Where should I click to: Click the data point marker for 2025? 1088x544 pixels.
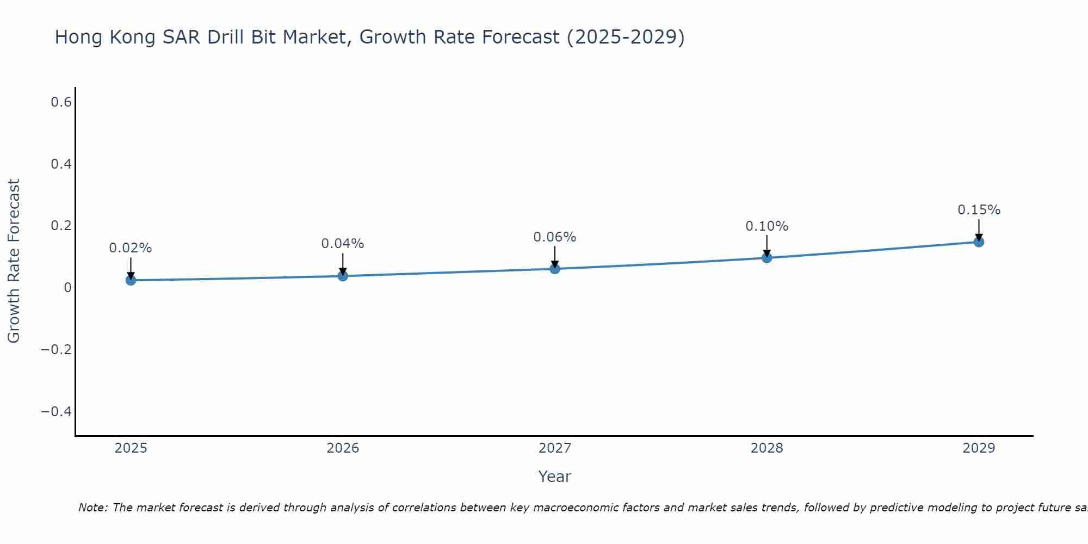point(131,280)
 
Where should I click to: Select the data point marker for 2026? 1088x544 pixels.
point(343,276)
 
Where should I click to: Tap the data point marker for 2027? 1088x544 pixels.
point(555,269)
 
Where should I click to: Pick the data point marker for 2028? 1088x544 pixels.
point(766,258)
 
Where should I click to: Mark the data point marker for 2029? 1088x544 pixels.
point(979,242)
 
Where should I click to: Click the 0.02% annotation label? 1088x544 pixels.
point(131,248)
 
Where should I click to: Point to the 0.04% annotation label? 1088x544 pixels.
point(343,244)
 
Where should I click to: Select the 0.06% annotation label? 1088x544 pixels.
point(555,237)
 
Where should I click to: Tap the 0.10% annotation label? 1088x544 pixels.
point(766,226)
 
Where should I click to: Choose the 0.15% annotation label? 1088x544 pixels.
point(979,210)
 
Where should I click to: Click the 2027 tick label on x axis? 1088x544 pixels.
point(555,448)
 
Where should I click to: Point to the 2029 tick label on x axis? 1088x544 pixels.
point(979,448)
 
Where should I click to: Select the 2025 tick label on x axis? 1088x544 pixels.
point(131,448)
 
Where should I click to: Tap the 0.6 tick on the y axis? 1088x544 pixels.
point(61,102)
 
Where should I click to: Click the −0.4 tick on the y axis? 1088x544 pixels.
point(57,411)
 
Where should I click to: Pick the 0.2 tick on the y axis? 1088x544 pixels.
point(61,226)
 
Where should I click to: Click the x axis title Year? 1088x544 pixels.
point(555,477)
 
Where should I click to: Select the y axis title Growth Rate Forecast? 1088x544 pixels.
point(14,261)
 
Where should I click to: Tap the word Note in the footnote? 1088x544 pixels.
point(92,508)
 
